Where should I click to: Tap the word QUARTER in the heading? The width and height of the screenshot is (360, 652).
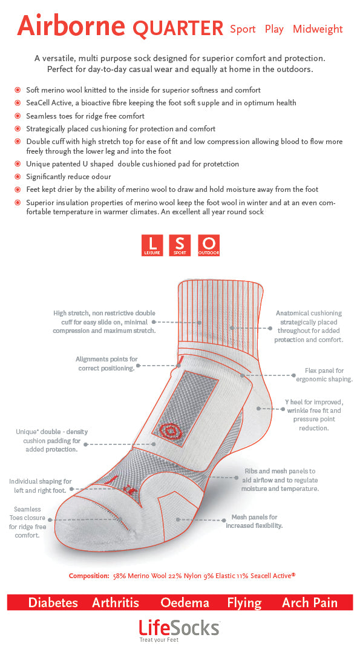(x=178, y=28)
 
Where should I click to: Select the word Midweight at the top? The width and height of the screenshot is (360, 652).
(x=318, y=29)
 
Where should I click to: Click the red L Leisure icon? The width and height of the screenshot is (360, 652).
(x=152, y=245)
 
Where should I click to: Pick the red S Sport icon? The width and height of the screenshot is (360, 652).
(x=180, y=245)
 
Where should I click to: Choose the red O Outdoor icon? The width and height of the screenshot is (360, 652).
(x=209, y=245)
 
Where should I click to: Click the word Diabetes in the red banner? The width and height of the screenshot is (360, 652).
(x=53, y=602)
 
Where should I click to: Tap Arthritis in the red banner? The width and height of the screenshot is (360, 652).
(x=115, y=602)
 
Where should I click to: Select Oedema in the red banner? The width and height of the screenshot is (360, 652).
(x=185, y=602)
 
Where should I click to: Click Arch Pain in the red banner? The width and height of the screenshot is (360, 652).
(x=310, y=602)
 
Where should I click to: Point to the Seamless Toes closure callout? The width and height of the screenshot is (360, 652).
(x=27, y=522)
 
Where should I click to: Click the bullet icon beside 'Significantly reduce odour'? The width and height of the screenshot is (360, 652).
(x=18, y=177)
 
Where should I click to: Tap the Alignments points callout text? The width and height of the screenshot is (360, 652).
(x=106, y=363)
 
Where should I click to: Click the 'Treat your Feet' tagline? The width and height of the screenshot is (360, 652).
(x=159, y=640)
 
